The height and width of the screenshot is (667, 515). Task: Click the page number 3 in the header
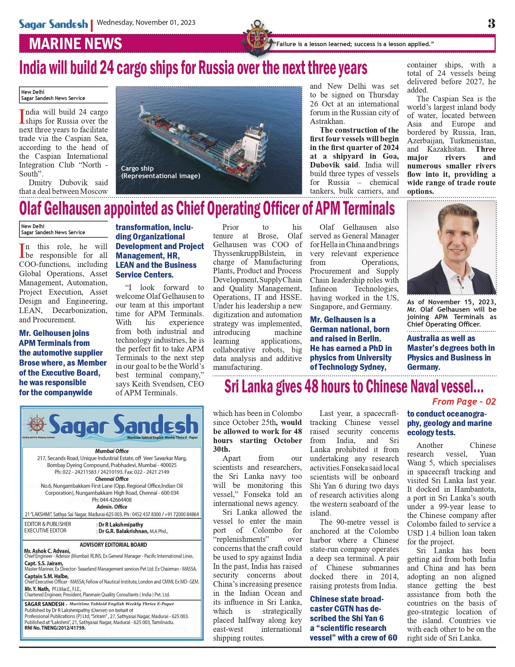click(491, 24)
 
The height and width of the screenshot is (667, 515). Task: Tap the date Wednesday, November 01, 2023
click(146, 23)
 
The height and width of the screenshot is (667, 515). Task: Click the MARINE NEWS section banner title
click(76, 44)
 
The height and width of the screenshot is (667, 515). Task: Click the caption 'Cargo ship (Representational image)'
click(160, 172)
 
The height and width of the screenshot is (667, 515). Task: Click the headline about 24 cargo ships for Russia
click(193, 68)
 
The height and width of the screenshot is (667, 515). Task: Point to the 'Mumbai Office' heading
click(112, 451)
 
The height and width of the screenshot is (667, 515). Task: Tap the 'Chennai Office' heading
click(112, 479)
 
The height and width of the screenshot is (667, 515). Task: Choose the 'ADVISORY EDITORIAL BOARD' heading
click(113, 545)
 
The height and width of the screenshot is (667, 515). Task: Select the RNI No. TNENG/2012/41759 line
click(55, 628)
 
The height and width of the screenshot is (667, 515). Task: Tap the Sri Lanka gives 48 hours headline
click(354, 387)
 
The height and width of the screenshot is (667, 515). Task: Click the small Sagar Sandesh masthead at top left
click(53, 24)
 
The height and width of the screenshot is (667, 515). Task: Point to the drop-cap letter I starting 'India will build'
click(22, 116)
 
